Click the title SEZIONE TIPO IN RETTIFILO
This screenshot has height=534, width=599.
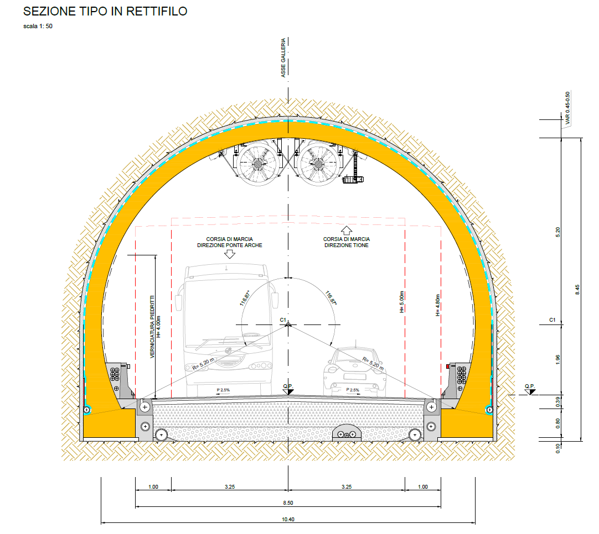click(x=105, y=12)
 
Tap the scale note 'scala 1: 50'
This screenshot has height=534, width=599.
click(x=38, y=27)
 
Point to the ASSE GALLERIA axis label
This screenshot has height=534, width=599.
click(x=283, y=57)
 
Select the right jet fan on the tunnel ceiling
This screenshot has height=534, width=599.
click(x=318, y=164)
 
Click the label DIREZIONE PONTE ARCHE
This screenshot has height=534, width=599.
click(x=230, y=245)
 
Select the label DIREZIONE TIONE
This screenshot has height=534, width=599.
click(x=347, y=245)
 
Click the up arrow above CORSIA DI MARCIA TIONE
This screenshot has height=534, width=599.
click(x=347, y=231)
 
